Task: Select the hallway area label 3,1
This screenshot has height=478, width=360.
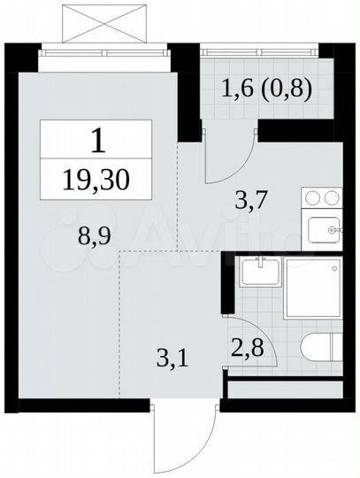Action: pos(165,359)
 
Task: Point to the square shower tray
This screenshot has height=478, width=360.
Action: pos(312,289)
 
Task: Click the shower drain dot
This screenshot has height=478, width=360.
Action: pos(332,266)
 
